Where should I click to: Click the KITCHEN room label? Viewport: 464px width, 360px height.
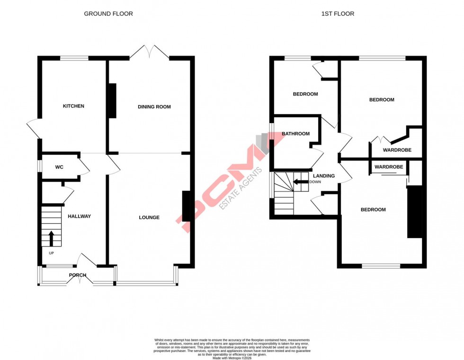click(x=73, y=106)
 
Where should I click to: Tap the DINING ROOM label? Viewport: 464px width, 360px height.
click(x=154, y=107)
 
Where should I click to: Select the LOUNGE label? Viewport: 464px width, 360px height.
click(x=149, y=218)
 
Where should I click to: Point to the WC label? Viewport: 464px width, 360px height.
click(x=59, y=167)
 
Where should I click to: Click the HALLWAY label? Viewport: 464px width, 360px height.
click(x=79, y=216)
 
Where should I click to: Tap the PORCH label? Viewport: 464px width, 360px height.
click(x=78, y=275)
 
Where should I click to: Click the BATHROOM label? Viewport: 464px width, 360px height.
click(x=295, y=134)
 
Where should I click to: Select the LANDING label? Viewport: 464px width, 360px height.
click(x=324, y=176)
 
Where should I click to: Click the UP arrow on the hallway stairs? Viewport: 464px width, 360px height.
click(x=51, y=237)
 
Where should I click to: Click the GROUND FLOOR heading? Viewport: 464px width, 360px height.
click(x=108, y=14)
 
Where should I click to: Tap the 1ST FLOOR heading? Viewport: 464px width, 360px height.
click(x=338, y=14)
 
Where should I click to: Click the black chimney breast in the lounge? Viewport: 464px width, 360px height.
click(x=186, y=206)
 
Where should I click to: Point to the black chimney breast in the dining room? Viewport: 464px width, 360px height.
click(x=113, y=101)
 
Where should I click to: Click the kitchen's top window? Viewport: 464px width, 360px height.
click(x=74, y=58)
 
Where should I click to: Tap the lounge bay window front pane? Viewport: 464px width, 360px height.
click(x=146, y=283)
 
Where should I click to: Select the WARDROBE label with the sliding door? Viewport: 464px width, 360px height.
click(x=389, y=167)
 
